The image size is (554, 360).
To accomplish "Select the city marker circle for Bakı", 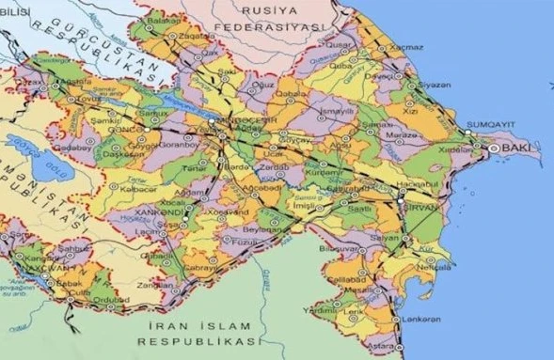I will pyautogui.click(x=495, y=149).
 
